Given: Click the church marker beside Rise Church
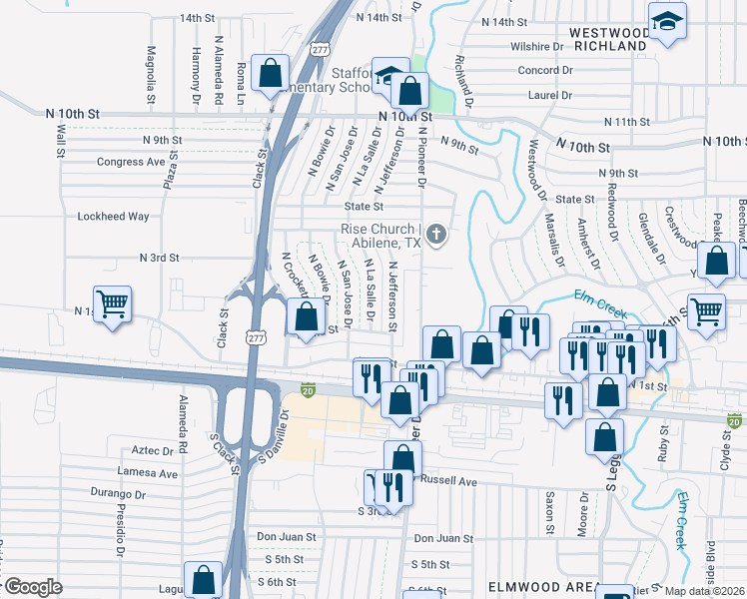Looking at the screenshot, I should [435, 236].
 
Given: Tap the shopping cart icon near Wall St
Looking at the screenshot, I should [112, 302].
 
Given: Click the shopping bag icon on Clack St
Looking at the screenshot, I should [270, 72].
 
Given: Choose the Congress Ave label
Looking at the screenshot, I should [131, 162].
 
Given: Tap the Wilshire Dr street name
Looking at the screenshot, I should [537, 47].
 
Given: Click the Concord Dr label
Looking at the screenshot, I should [545, 70].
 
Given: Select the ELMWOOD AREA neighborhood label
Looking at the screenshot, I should [540, 589].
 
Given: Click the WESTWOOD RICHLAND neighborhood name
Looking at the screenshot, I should [608, 39].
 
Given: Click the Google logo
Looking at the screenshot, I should [32, 587].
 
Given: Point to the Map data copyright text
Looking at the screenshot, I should [704, 592].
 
